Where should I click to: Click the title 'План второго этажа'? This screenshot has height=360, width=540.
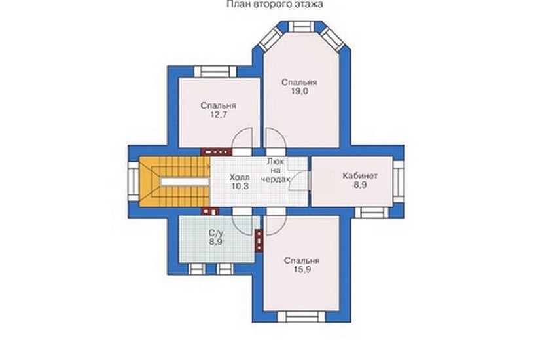(x=274, y=4)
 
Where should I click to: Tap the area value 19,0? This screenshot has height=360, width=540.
(x=299, y=91)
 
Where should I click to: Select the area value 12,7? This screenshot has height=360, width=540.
(x=219, y=115)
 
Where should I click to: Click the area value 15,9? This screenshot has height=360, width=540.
(x=302, y=270)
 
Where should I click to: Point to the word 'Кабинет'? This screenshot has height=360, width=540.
(x=360, y=175)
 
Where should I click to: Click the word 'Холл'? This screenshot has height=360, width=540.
(x=240, y=178)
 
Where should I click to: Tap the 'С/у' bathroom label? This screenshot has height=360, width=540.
(x=215, y=233)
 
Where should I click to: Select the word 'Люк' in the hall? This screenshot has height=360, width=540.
(x=276, y=161)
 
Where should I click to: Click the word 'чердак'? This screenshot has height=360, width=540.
(x=276, y=179)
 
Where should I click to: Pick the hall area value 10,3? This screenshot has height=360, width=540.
(x=240, y=187)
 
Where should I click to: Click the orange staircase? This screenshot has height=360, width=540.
(x=175, y=182)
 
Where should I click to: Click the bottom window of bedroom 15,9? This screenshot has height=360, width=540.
(x=302, y=317)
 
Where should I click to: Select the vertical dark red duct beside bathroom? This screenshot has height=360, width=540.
(x=259, y=241)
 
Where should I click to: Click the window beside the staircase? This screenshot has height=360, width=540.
(x=134, y=181)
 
